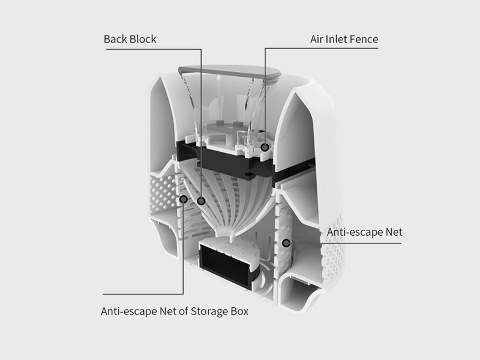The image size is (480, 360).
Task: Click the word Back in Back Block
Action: pos(115,39)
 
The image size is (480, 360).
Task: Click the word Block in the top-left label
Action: pos(143,39)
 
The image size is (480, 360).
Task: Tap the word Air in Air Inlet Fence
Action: pos(316,39)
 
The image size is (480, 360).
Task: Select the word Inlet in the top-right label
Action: pos(336,39)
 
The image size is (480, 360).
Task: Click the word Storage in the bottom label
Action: pos(208,311)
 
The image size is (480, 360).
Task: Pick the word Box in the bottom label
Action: pos(238,311)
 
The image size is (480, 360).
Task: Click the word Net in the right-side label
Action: pos(394,232)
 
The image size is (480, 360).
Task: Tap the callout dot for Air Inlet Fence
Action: pos(265,148)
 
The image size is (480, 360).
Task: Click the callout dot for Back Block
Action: pos(201,201)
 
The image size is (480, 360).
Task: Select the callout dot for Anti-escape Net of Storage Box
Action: pos(184,200)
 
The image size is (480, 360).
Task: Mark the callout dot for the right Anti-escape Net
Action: pos(286,243)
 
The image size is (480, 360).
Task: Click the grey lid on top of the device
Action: pos(230,72)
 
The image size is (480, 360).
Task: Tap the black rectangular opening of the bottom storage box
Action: pos(225,266)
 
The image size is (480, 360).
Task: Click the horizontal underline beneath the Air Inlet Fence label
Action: pos(322,48)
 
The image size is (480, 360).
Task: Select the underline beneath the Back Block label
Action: pos(154,49)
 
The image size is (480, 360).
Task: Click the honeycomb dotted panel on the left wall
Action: pos(163,193)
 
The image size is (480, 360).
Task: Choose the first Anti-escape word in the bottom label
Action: pos(129,311)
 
